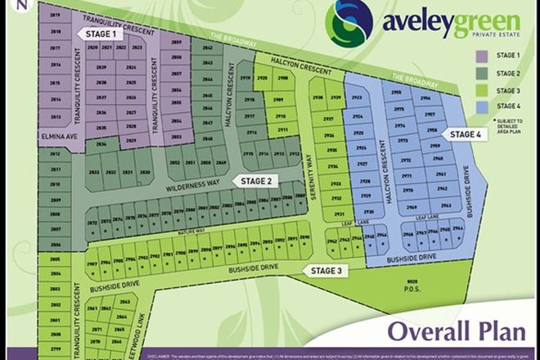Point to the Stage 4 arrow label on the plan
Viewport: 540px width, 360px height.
(x=469, y=133)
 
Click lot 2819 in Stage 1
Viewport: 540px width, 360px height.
(x=55, y=16)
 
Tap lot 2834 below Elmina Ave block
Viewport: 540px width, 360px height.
(x=101, y=143)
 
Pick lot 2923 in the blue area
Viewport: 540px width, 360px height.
(x=357, y=98)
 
